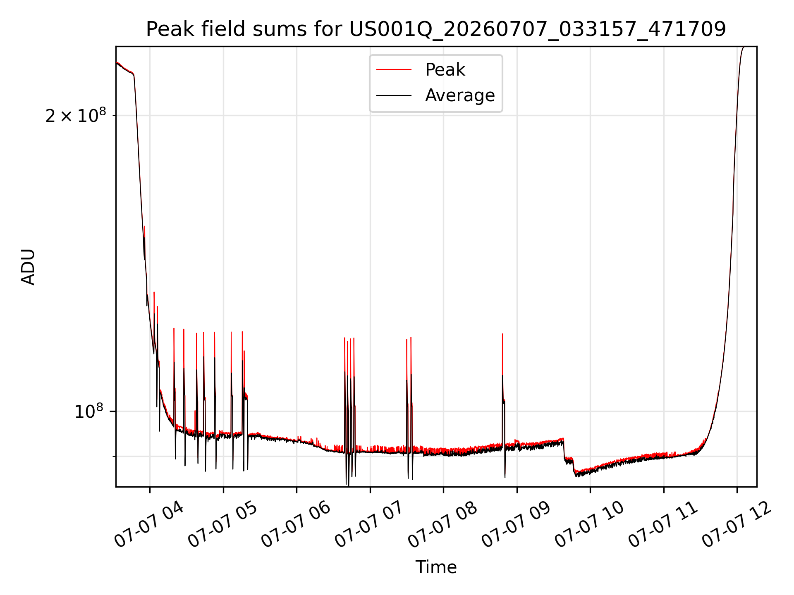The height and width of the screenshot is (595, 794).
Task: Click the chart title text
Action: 436,29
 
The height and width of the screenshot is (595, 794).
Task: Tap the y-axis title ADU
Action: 28,267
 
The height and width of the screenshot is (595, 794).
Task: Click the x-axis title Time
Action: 436,567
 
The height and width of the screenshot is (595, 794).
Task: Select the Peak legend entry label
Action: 445,70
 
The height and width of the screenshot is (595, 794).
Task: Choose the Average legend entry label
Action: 460,95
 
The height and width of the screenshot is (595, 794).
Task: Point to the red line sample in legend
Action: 394,70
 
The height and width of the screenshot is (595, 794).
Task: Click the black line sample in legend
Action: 394,95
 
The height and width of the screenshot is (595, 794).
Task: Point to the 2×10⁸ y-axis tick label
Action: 76,115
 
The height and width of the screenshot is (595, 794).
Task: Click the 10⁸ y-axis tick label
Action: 89,411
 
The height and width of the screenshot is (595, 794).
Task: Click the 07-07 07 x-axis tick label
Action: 368,525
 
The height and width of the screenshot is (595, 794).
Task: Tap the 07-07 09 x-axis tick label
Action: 515,525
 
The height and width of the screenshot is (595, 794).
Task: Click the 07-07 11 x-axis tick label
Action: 662,525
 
